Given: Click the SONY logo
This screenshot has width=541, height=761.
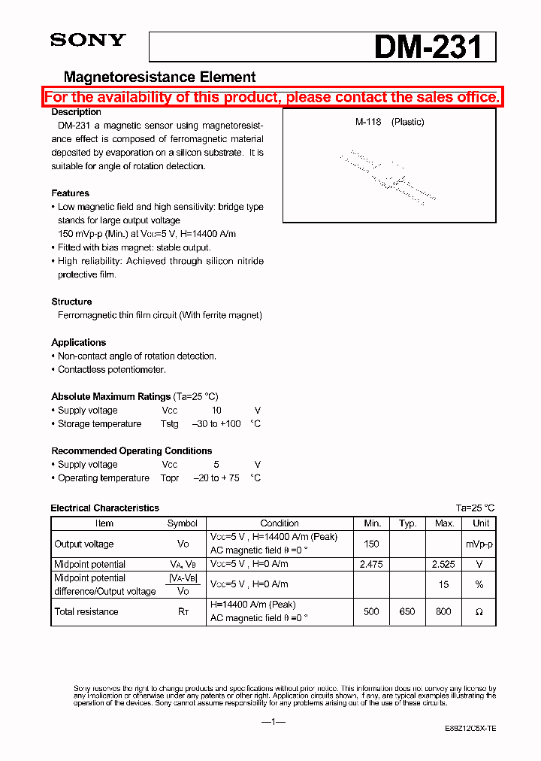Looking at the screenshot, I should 87,41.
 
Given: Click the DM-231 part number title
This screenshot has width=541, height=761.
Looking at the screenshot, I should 428,47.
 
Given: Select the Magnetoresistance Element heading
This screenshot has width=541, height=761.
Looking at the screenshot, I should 159,77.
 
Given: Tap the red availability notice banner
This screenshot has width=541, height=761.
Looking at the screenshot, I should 271,97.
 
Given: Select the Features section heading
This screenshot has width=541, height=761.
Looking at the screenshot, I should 70,193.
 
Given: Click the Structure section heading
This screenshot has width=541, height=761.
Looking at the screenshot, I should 71,302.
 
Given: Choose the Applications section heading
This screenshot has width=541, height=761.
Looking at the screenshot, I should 78,342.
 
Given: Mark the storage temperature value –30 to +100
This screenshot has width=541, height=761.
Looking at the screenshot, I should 216,424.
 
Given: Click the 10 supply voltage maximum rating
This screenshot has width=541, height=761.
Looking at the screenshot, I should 216,411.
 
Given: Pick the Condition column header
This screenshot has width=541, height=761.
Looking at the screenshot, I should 280,523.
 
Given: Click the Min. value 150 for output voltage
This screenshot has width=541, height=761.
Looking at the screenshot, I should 371,544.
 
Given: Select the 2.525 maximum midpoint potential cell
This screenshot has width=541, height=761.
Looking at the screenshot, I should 443,564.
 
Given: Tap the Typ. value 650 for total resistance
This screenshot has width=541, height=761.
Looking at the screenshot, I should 407,612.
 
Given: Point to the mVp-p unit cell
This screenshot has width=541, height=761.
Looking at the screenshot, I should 479,544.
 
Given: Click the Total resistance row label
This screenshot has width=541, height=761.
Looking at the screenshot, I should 86,612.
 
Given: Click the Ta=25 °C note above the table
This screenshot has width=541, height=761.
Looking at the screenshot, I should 475,508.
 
